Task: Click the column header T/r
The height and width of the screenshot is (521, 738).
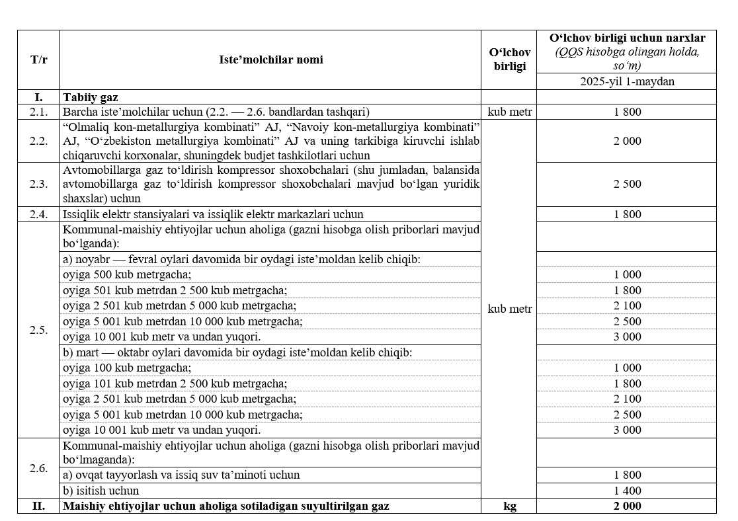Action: coord(38,60)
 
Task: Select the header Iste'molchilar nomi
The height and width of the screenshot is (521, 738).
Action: coord(271,60)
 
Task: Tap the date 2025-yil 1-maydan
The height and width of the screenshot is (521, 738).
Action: coord(627,82)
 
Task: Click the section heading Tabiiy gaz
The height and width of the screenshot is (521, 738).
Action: coord(91,97)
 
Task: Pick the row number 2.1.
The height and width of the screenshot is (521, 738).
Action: coord(38,112)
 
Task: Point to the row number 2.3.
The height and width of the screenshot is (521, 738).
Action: coord(38,184)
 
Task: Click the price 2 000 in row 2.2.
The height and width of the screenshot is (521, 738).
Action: coord(627,141)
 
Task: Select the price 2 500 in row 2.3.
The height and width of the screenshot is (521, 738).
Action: coord(627,184)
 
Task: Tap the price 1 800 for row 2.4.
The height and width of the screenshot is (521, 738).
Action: coord(627,214)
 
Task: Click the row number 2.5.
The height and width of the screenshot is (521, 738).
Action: coord(38,330)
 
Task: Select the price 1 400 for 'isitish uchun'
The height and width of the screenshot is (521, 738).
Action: coord(627,491)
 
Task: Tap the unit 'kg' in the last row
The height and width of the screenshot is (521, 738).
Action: coord(509,506)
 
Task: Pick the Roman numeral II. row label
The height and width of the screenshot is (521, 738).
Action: coord(38,506)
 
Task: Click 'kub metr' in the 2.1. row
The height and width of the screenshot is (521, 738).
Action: coord(509,112)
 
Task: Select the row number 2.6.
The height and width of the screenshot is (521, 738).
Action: coord(38,468)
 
